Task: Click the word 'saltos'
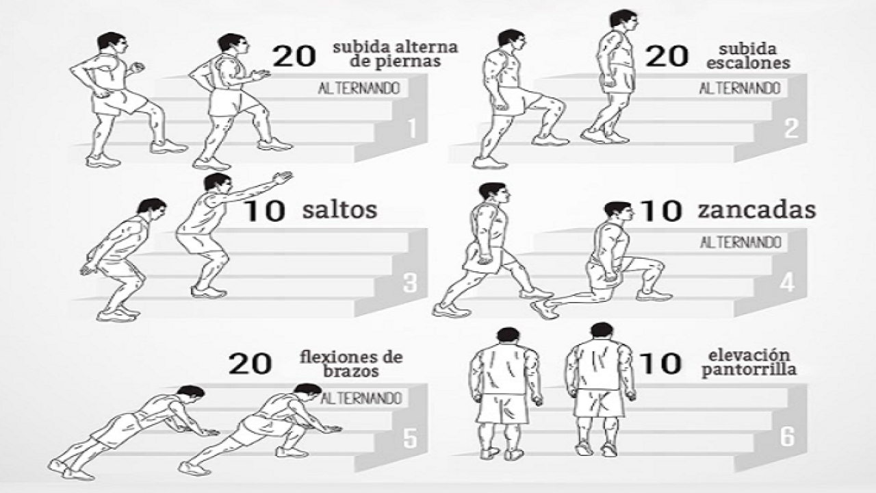(x=339, y=210)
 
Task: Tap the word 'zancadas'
(x=757, y=210)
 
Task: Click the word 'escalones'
(x=748, y=63)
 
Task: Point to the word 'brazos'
(x=351, y=370)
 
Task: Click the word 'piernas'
(x=395, y=62)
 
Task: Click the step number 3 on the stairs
(x=410, y=283)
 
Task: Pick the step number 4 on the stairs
(x=787, y=283)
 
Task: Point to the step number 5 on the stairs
(x=410, y=438)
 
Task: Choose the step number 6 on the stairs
(x=788, y=437)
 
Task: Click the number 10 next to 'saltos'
(x=264, y=212)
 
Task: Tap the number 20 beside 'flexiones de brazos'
(x=250, y=364)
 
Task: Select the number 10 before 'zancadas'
(x=661, y=212)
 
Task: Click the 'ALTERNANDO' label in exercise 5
(x=361, y=399)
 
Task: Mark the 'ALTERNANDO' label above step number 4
(x=740, y=242)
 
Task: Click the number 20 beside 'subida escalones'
(x=667, y=56)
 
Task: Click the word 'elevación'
(x=749, y=355)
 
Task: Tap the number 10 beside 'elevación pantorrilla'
(x=661, y=364)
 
